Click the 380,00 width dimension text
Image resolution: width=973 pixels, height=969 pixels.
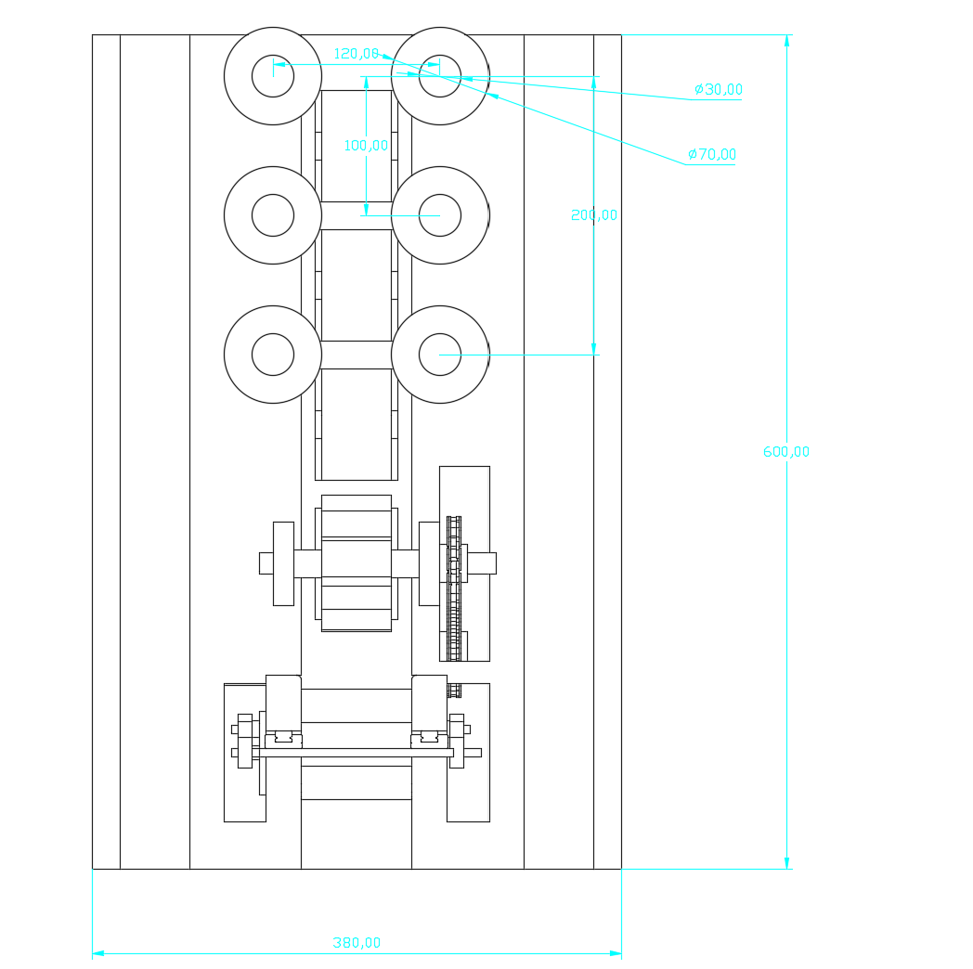[x=357, y=943]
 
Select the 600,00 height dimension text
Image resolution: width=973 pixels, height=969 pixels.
[x=786, y=452]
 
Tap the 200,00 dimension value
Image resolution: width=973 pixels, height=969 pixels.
[x=594, y=215]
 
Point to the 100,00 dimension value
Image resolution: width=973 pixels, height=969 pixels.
[x=366, y=146]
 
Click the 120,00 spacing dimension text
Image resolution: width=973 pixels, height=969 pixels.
[x=357, y=54]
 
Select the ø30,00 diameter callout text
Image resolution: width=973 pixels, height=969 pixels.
[x=719, y=90]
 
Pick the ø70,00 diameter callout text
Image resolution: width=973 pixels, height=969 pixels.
[x=712, y=155]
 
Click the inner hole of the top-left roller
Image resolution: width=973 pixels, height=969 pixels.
[x=273, y=76]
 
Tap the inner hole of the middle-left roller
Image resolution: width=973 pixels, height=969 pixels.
[x=273, y=215]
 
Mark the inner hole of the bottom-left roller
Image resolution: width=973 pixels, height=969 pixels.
[x=273, y=355]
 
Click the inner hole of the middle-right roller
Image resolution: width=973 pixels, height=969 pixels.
[x=440, y=215]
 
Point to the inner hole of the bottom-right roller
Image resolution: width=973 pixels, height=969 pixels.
[x=440, y=355]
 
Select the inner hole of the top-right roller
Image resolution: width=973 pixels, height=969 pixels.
[x=440, y=76]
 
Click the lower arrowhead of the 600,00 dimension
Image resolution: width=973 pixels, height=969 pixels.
[x=786, y=863]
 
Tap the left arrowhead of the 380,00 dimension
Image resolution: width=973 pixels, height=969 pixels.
[x=98, y=953]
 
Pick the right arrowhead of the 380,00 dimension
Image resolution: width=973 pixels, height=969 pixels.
[x=616, y=953]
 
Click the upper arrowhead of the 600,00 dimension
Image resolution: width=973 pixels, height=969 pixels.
[x=786, y=41]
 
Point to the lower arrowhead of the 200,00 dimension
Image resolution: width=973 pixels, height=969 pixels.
[x=594, y=349]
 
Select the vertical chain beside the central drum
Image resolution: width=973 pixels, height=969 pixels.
[x=454, y=588]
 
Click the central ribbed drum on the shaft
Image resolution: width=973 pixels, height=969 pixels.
[x=357, y=562]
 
